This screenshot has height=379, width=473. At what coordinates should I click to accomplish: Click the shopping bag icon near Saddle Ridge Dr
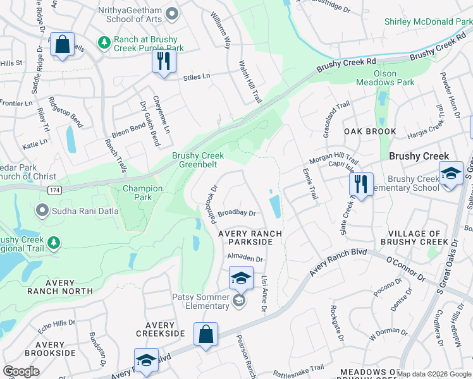point(62,45)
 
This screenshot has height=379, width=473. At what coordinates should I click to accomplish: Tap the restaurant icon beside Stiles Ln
point(164,62)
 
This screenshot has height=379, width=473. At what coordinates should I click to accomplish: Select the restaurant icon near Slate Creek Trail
point(361,185)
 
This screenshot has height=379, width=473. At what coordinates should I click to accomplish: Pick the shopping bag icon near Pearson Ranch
point(206,335)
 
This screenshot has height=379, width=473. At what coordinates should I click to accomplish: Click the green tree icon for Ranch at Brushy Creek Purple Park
point(104,43)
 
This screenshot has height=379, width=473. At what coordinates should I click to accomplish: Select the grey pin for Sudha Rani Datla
point(42,209)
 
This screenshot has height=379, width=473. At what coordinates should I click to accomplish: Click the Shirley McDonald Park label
point(428,21)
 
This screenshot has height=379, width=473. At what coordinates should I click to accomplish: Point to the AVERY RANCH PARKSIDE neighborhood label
point(250,238)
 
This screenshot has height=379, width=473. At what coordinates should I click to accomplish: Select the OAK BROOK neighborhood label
point(370,131)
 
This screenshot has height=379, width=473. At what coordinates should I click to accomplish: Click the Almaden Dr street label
point(245,259)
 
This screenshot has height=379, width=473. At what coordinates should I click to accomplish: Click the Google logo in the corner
point(21,371)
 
